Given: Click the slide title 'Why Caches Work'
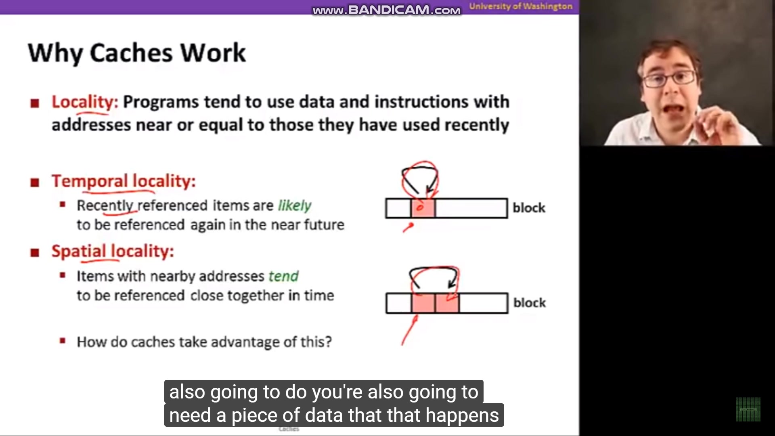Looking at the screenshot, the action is (x=137, y=53).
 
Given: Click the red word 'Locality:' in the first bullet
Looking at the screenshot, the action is (x=85, y=102).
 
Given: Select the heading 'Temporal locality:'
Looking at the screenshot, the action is (x=124, y=181).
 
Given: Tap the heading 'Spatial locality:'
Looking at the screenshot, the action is (x=113, y=252).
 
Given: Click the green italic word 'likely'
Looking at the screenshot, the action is (x=295, y=206).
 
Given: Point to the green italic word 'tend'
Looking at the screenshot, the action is (x=283, y=277).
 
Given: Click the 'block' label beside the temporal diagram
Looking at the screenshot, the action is (x=529, y=208).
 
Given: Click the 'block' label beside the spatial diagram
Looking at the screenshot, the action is (x=530, y=303).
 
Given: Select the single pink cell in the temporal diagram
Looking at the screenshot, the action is (x=423, y=208).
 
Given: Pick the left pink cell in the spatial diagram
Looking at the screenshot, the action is (x=423, y=303).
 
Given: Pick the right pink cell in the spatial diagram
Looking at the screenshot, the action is (x=447, y=303).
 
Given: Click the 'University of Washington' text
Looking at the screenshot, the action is (x=521, y=6).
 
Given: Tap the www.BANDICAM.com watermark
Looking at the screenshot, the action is (x=386, y=10).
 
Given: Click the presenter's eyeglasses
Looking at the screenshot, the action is (x=669, y=78).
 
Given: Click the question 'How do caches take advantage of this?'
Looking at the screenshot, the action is (x=204, y=342).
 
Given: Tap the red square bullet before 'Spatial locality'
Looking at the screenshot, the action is (x=35, y=253).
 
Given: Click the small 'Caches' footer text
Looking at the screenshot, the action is (x=289, y=429).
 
